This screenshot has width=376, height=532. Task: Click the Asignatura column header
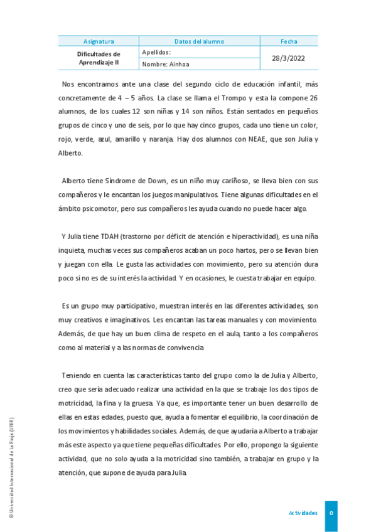click(x=99, y=41)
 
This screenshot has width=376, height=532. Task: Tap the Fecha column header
click(x=289, y=41)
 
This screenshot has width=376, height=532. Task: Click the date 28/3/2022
click(x=289, y=58)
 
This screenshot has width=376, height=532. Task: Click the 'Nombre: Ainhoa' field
click(x=166, y=64)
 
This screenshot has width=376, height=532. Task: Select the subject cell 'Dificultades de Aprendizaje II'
click(x=99, y=58)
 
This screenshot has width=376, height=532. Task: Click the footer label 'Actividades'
click(x=303, y=513)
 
